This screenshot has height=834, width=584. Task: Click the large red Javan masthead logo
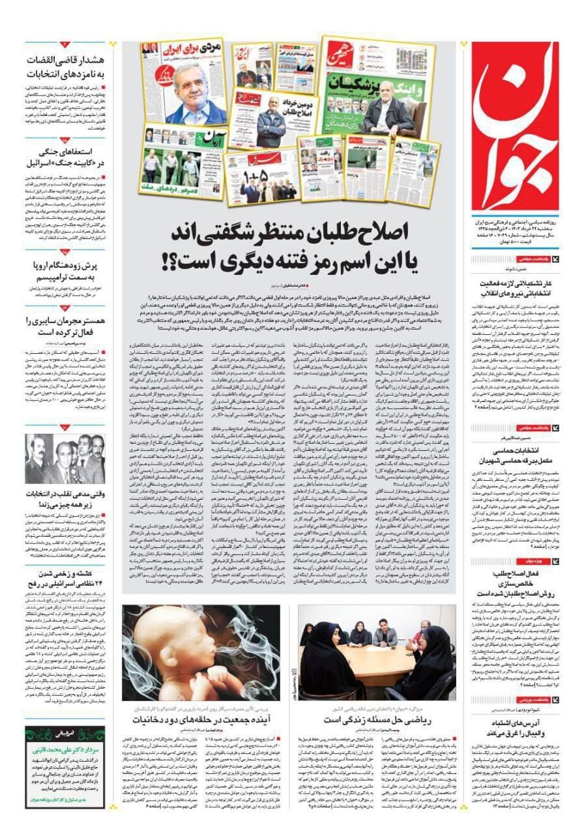(515, 124)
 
